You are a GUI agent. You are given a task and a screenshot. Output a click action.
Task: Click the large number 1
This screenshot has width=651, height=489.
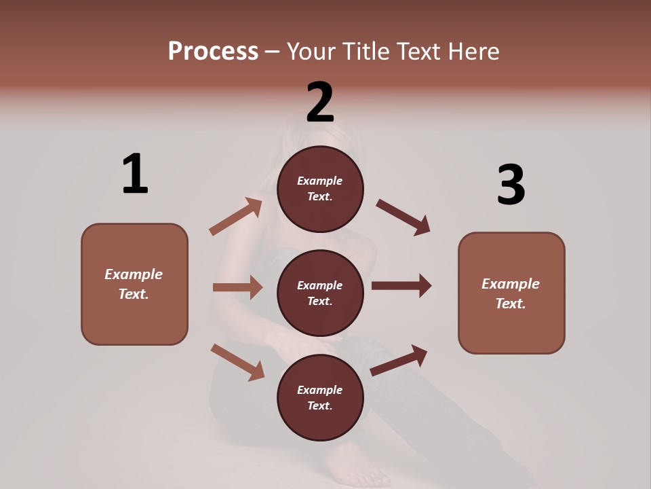tap(135, 174)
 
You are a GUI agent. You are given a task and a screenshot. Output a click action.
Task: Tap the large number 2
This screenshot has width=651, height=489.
tap(320, 102)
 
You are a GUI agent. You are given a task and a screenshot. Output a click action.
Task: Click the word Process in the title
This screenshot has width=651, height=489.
tap(213, 51)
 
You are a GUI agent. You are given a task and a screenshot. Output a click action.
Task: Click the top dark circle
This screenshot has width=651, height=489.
tap(320, 189)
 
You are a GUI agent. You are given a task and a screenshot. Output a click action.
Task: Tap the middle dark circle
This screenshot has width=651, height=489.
tap(320, 293)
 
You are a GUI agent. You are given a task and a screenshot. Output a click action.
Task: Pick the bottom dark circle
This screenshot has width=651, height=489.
tap(320, 398)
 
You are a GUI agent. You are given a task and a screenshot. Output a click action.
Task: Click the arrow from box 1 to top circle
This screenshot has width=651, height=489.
tap(235, 217)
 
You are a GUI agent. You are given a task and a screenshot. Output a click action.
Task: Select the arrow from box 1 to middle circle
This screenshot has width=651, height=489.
tap(237, 287)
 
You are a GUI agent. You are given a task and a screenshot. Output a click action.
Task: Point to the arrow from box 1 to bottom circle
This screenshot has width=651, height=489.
tap(237, 361)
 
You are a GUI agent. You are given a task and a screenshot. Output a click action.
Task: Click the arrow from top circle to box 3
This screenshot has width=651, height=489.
tap(403, 217)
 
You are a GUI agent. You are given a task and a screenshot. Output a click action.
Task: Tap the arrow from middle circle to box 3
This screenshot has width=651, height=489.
tap(401, 286)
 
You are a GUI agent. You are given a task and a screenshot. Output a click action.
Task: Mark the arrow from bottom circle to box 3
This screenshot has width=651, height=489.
tap(399, 360)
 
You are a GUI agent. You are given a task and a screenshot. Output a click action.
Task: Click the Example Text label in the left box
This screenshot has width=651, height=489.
tap(134, 284)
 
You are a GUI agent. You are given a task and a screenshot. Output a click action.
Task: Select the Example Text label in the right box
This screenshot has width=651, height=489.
tap(511, 293)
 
